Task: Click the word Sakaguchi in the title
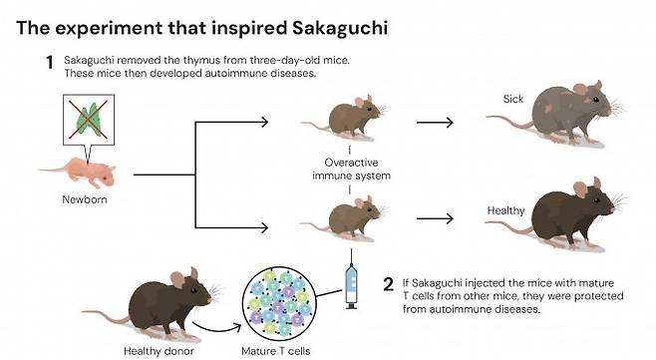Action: tap(333, 26)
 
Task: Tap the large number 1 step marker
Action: tap(48, 63)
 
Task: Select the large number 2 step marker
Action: tap(388, 283)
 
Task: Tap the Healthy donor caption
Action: tap(156, 349)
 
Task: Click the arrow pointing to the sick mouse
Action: tap(435, 123)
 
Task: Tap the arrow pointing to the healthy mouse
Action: tap(435, 217)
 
